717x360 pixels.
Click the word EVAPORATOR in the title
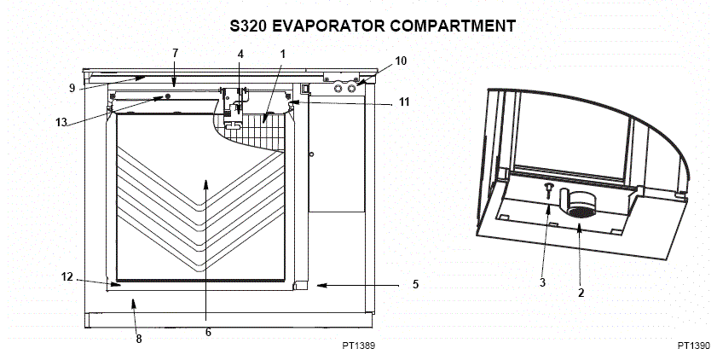pos(329,26)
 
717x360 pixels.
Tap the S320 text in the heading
pos(248,26)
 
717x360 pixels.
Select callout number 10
pos(401,61)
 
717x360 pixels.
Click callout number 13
pos(61,123)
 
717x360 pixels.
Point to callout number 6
pos(208,333)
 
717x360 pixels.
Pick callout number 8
pos(139,339)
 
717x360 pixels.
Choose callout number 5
pos(415,285)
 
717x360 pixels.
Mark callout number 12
pos(67,276)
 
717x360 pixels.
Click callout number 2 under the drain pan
pos(581,293)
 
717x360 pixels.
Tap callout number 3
pos(542,282)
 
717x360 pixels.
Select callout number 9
pos(72,88)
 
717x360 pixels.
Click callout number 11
pos(404,102)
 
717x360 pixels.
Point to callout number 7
pos(175,53)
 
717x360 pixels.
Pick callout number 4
pos(240,54)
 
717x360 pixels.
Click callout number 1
pos(282,54)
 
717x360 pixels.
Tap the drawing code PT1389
pos(358,345)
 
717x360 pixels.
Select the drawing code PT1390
pos(694,345)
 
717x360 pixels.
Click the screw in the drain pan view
pos(547,189)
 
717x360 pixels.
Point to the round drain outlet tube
pos(578,203)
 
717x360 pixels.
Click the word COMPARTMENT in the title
pos(454,26)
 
